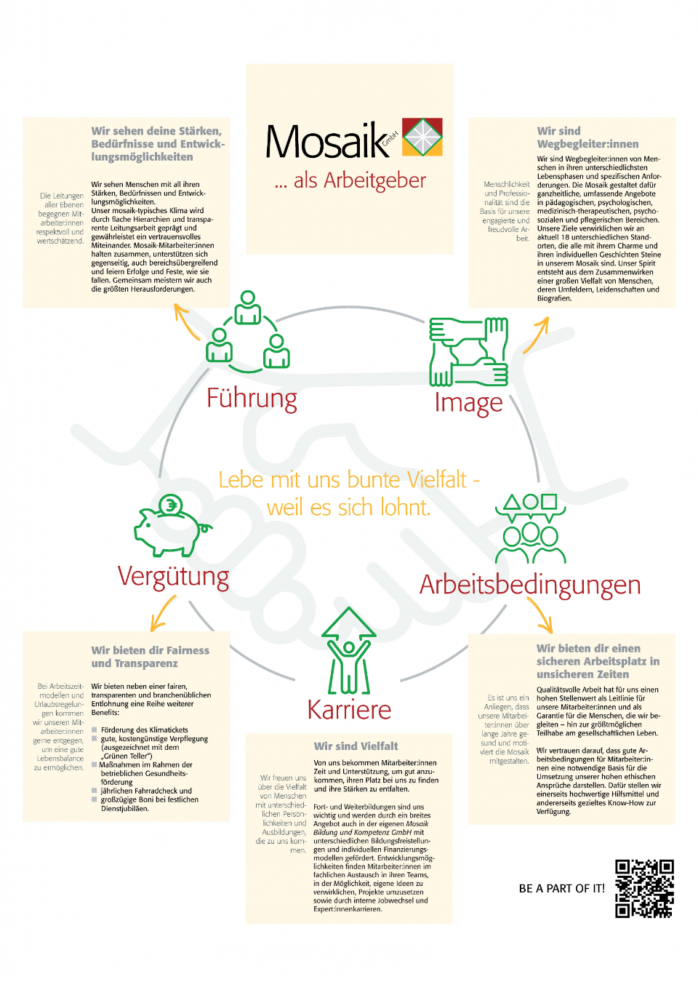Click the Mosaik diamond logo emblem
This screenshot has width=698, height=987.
click(x=422, y=137)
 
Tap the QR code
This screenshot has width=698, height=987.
click(x=644, y=888)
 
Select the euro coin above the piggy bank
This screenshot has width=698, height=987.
click(x=170, y=505)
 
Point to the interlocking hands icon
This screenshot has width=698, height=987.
click(x=468, y=351)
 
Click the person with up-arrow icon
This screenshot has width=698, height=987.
click(x=349, y=650)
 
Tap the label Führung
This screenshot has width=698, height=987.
click(x=252, y=399)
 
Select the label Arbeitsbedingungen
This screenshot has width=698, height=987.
click(x=530, y=586)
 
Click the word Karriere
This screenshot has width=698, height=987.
click(x=349, y=709)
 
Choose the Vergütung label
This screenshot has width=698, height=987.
click(x=173, y=577)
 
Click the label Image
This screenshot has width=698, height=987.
click(x=468, y=403)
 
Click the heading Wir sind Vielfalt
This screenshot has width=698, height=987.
click(x=356, y=746)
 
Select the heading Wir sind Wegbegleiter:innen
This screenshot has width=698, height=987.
click(x=587, y=137)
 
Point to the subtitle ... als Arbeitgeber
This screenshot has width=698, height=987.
click(x=350, y=180)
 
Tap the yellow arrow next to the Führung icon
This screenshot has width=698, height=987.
click(x=185, y=320)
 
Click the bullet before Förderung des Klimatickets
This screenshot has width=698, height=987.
click(x=94, y=730)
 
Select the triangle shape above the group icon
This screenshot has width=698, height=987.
click(x=511, y=502)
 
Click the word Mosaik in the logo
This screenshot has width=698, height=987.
click(x=328, y=140)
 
